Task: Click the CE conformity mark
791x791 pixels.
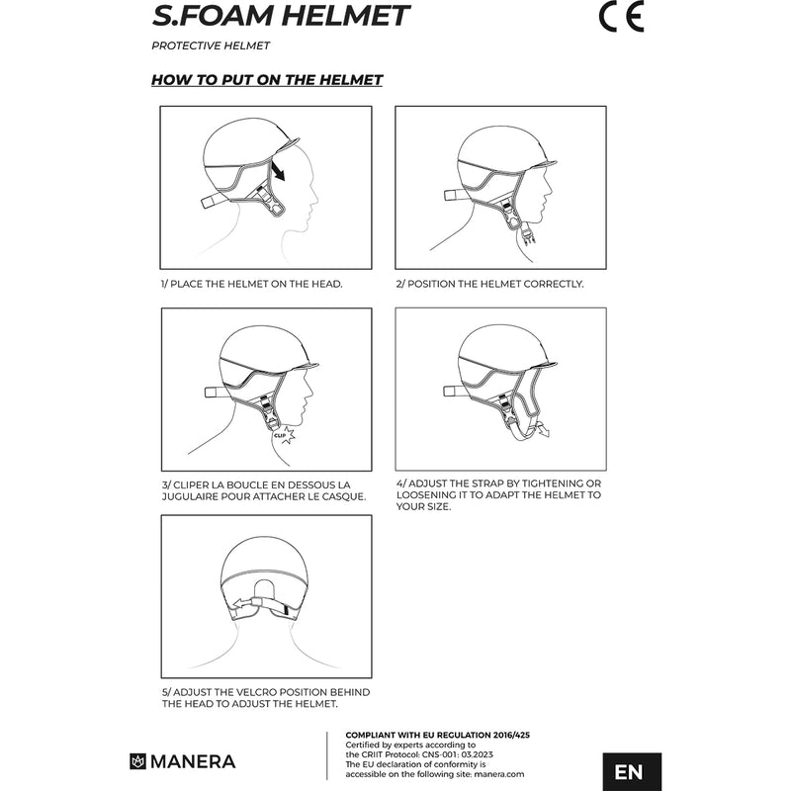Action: (x=622, y=17)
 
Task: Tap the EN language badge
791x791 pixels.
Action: (x=632, y=771)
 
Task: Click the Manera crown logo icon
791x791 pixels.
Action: (x=137, y=761)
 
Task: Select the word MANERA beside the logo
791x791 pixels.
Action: (x=193, y=761)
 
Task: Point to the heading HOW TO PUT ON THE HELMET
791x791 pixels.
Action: (x=267, y=80)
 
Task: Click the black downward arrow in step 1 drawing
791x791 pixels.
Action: (x=278, y=170)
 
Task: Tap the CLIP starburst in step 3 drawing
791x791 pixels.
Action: (x=284, y=435)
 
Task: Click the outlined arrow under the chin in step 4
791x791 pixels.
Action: (x=542, y=430)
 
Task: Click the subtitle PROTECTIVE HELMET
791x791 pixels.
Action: (x=211, y=45)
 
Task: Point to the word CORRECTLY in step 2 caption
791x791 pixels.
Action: (x=553, y=284)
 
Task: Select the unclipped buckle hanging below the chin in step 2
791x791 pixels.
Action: (x=529, y=235)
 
